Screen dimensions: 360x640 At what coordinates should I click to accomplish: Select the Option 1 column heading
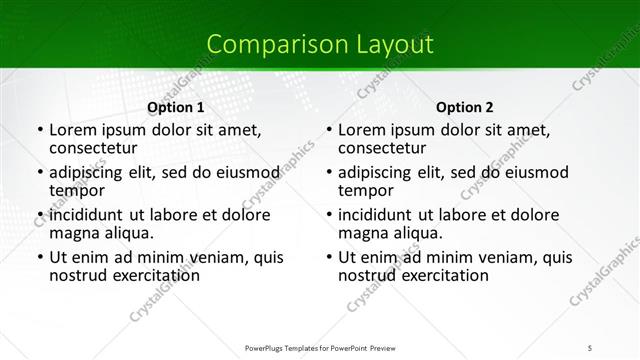click(x=175, y=107)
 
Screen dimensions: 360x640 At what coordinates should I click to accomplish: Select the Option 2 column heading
click(x=465, y=107)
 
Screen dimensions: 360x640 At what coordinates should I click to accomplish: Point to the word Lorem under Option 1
click(x=73, y=130)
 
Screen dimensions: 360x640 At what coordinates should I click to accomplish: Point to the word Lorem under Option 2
click(x=362, y=130)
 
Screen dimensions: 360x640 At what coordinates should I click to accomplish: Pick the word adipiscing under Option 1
click(x=91, y=172)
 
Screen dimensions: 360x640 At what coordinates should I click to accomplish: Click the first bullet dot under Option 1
click(x=38, y=131)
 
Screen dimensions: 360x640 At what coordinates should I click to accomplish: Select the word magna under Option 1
click(x=73, y=233)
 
